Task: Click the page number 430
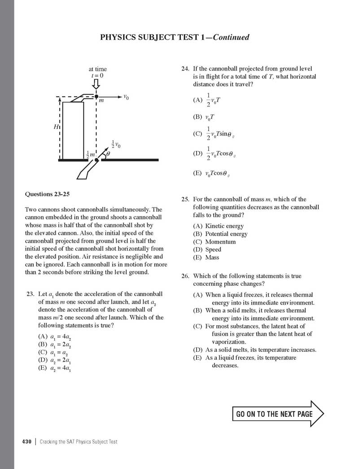pos(26,442)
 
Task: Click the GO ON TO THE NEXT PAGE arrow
pos(277,413)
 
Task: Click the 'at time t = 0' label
pos(97,72)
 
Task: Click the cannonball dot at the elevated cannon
pos(97,97)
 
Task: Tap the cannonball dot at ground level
pos(97,160)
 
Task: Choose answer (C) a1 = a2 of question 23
pos(54,353)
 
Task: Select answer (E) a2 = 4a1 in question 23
pos(55,369)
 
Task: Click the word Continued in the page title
pos(231,37)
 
